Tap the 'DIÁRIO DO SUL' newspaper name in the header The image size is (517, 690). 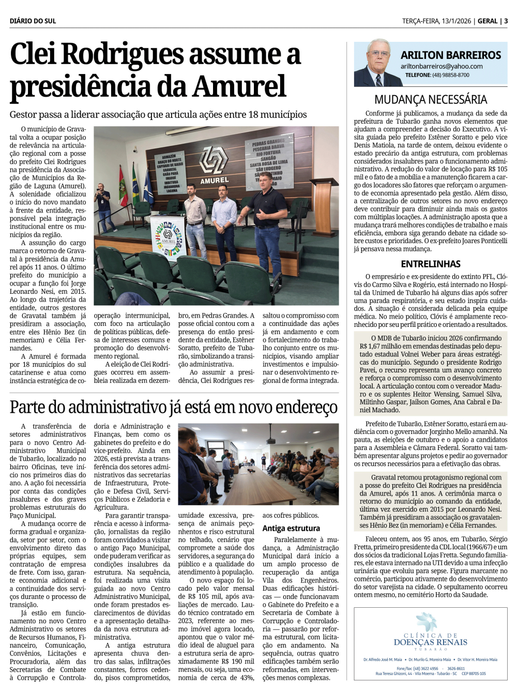pos(33,21)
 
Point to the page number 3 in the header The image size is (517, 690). pos(506,21)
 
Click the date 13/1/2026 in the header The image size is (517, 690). pos(456,21)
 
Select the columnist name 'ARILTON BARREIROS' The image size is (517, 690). pos(451,55)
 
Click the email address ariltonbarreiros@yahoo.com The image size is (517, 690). pos(442,66)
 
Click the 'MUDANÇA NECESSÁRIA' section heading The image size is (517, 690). pos(431,100)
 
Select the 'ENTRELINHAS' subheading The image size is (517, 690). pos(431,264)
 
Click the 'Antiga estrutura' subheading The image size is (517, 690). pos(291,528)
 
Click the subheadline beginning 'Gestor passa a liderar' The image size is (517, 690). pos(158,114)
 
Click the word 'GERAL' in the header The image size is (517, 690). pos(488,21)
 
